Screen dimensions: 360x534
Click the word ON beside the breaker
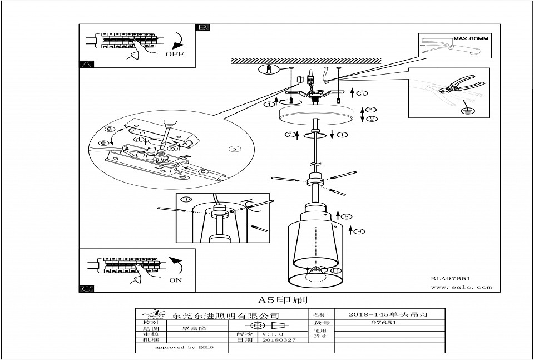coord(175,280)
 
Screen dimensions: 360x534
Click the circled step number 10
coord(185,199)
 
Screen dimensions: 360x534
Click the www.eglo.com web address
coord(461,287)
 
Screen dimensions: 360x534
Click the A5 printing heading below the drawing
coord(283,299)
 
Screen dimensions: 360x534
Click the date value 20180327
coord(279,339)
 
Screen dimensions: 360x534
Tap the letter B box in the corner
coord(203,27)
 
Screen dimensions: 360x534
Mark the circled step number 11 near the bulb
coord(335,271)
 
